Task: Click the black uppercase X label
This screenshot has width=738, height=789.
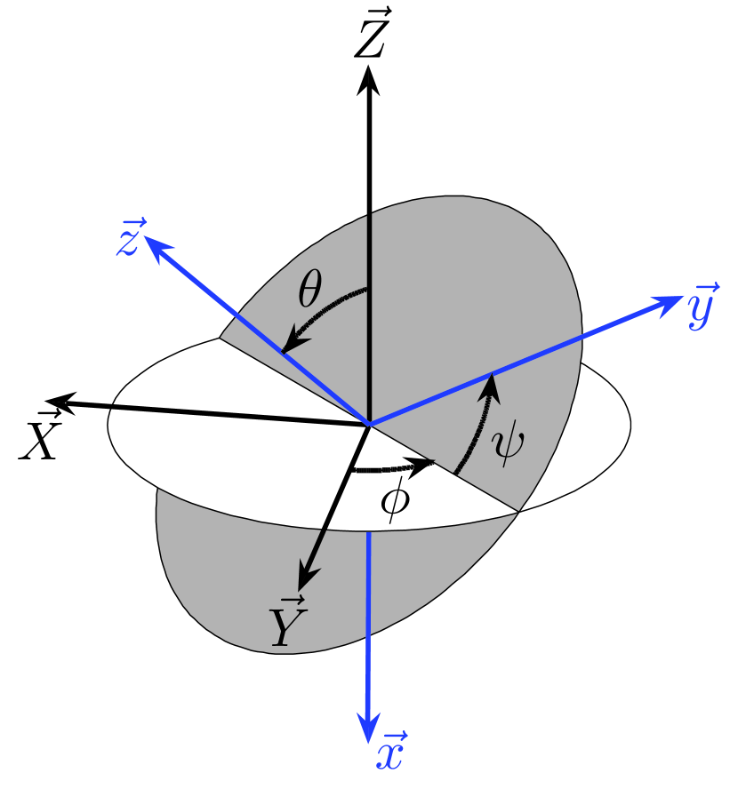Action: (39, 438)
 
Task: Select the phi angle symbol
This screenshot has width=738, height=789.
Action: (395, 499)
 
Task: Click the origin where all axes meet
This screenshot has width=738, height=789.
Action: (368, 425)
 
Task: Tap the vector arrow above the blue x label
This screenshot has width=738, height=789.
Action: (392, 736)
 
